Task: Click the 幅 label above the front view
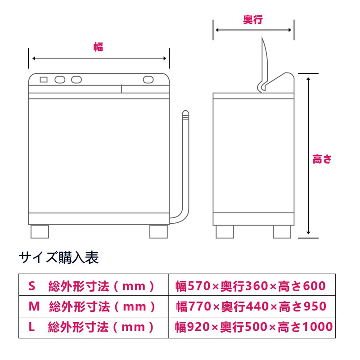[x=98, y=47]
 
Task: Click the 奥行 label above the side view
[x=253, y=20]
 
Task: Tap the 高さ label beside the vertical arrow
[x=322, y=159]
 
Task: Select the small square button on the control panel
[x=44, y=80]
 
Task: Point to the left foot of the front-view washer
[x=39, y=231]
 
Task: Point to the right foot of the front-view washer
[x=158, y=231]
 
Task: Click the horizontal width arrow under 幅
[x=99, y=58]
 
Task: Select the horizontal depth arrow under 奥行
[x=253, y=31]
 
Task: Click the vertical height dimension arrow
[x=308, y=155]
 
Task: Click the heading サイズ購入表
[x=59, y=258]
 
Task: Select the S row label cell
[x=94, y=285]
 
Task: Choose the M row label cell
[x=94, y=306]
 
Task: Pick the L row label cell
[x=94, y=327]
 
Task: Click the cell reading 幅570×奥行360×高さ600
[x=252, y=285]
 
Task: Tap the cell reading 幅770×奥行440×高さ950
[x=252, y=306]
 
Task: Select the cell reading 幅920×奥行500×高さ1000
[x=252, y=327]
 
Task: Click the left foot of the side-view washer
[x=225, y=231]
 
